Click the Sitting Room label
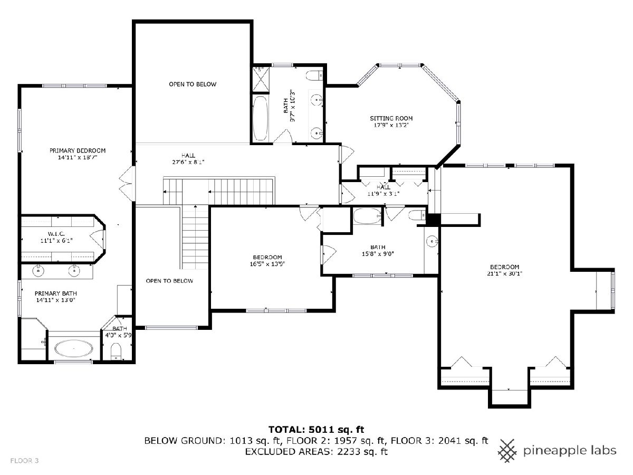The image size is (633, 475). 391,118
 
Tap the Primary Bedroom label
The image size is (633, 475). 78,150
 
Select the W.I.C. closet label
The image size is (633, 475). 56,234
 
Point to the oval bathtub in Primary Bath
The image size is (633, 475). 74,349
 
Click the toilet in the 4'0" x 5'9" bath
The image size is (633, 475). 116,351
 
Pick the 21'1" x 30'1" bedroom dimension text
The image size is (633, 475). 504,274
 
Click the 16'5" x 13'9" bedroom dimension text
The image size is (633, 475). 267,263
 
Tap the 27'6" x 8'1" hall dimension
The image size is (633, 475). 188,162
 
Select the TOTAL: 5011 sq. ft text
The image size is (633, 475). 316,430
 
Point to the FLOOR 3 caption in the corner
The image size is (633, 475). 24,461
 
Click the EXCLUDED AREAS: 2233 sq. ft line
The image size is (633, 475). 316,451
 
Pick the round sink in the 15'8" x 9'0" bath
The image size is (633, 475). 432,240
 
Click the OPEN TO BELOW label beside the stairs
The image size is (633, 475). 169,281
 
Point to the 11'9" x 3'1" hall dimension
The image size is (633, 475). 383,194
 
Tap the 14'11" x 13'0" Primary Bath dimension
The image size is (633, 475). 56,300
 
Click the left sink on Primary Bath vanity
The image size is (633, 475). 39,271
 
